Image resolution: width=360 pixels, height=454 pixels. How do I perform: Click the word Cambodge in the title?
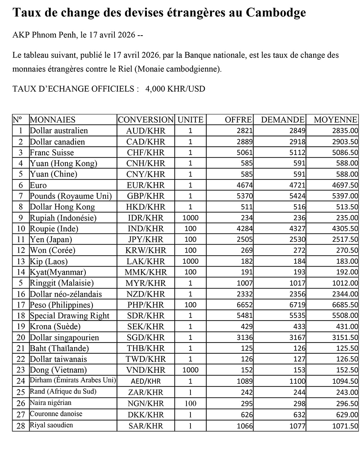tap(276, 13)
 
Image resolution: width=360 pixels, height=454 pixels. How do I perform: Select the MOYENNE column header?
tap(336, 120)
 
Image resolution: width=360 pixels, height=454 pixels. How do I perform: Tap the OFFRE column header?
tap(238, 120)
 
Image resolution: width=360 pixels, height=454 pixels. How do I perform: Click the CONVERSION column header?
tap(145, 120)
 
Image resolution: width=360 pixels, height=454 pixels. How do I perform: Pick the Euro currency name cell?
tap(39, 185)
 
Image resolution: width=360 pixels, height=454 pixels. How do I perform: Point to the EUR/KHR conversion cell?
tap(145, 185)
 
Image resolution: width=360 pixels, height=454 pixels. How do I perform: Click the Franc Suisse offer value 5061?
tap(245, 153)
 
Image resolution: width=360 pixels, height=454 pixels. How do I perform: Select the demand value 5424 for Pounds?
tap(297, 196)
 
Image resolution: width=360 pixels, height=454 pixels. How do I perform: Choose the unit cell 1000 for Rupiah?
tap(190, 218)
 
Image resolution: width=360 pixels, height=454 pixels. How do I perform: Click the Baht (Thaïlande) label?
tap(59, 348)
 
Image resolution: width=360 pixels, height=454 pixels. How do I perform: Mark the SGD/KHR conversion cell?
tap(145, 337)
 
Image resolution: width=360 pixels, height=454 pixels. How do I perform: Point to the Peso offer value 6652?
tap(245, 305)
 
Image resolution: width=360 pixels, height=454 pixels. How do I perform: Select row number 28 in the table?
tap(21, 426)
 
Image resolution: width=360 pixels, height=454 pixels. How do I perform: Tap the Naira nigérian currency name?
tap(51, 403)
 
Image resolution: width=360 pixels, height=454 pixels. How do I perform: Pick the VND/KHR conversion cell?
tap(145, 370)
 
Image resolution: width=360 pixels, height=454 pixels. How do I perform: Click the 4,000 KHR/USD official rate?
tap(175, 89)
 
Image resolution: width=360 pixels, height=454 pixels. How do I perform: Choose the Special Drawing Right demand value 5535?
tap(297, 316)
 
